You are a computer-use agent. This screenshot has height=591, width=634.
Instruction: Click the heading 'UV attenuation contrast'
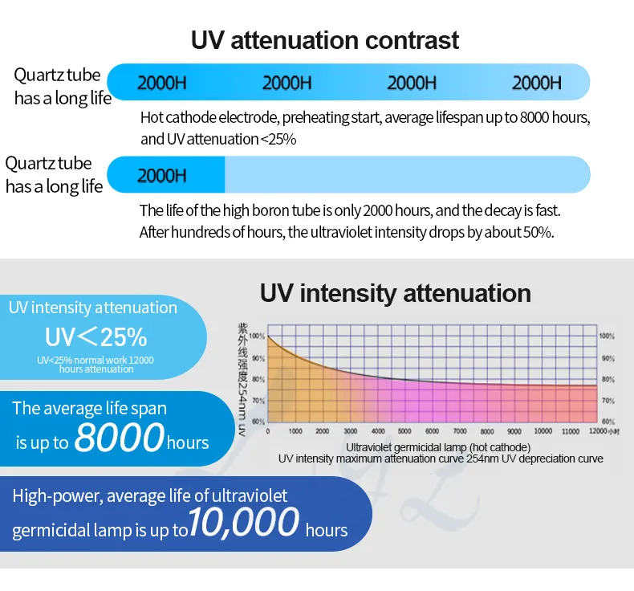pyautogui.click(x=325, y=39)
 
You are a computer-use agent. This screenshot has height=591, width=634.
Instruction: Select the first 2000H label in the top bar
pyautogui.click(x=162, y=82)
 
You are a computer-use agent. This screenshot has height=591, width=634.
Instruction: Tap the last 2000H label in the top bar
pyautogui.click(x=537, y=82)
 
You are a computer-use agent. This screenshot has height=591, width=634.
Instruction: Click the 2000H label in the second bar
pyautogui.click(x=162, y=175)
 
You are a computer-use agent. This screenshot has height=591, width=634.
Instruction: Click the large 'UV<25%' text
pyautogui.click(x=96, y=335)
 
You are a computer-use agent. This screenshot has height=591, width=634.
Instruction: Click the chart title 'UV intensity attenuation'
pyautogui.click(x=395, y=293)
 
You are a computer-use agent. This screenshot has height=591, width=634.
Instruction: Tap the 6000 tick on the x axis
pyautogui.click(x=432, y=431)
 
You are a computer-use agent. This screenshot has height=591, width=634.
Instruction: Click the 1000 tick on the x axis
pyautogui.click(x=295, y=431)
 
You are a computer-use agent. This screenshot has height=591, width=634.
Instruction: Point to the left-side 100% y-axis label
pyautogui.click(x=257, y=336)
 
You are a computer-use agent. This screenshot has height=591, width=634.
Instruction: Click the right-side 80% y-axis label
pyautogui.click(x=608, y=379)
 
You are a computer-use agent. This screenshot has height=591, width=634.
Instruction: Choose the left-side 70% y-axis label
pyautogui.click(x=257, y=400)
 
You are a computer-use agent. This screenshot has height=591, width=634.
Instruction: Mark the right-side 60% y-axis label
pyautogui.click(x=608, y=422)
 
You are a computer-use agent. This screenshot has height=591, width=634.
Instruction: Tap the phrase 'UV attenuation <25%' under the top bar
pyautogui.click(x=218, y=139)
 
